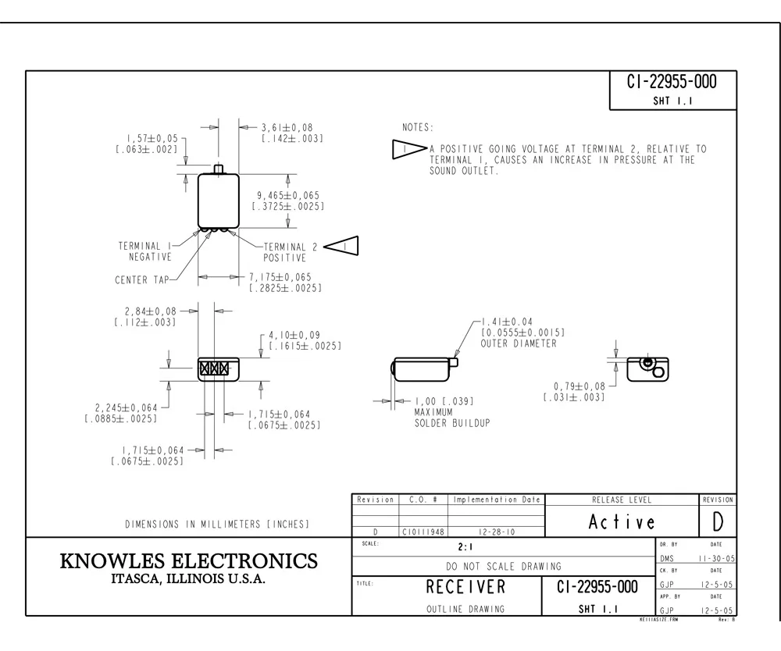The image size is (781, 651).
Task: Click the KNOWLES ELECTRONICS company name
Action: [189, 561]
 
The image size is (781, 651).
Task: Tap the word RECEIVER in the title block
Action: [465, 586]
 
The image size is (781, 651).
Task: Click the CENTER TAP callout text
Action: [140, 279]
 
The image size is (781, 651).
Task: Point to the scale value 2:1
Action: [466, 548]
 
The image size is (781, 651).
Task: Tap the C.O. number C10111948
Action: [423, 532]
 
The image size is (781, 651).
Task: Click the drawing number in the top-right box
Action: [672, 82]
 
